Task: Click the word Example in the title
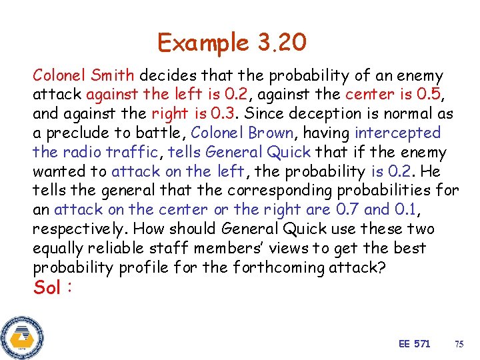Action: [x=203, y=43]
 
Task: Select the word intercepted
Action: [x=398, y=133]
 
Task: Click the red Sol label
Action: [x=49, y=288]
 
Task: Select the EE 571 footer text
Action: [x=414, y=343]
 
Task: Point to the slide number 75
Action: [x=459, y=344]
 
